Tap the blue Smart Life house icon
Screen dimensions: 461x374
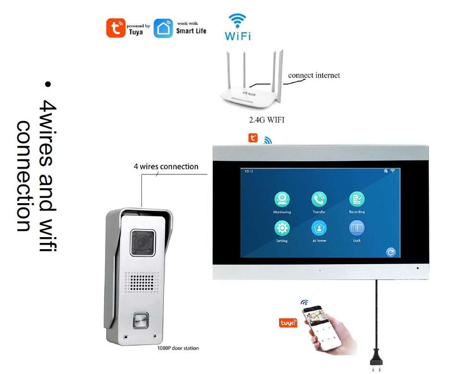coord(163,28)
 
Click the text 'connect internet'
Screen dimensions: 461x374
coord(314,75)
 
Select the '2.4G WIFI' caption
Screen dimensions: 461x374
coord(263,120)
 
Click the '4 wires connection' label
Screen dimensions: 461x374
coord(166,167)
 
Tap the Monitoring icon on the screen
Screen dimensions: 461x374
coord(282,199)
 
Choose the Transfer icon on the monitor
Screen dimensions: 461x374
coord(319,199)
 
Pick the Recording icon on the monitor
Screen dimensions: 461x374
coord(356,199)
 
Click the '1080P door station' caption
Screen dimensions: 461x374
coord(178,348)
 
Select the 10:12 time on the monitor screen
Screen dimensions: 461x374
coord(249,171)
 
